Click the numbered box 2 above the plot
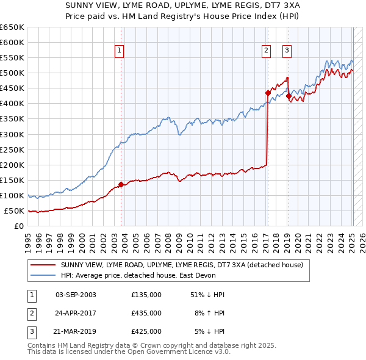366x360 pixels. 267,51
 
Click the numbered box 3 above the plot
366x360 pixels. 287,51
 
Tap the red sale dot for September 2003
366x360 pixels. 121,184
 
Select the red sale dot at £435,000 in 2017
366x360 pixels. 268,93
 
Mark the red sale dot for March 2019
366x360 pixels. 289,95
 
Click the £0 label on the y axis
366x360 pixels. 18,226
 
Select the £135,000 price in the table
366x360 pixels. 146,295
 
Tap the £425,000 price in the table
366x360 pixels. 146,331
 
